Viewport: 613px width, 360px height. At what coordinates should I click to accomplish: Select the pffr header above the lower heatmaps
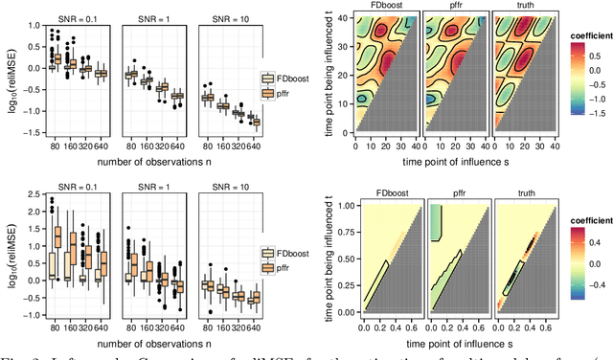pos(444,190)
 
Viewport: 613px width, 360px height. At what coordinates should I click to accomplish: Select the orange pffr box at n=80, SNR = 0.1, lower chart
pos(58,237)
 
